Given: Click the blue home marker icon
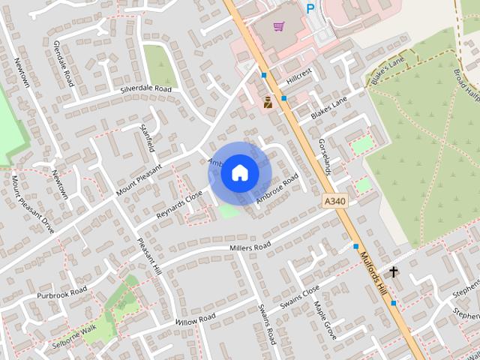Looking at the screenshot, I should click(240, 172).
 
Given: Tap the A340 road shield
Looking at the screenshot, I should click(336, 201).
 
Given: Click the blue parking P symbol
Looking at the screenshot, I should click(310, 8).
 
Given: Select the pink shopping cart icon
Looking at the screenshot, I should click(278, 26).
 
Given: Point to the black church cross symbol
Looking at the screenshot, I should click(394, 271).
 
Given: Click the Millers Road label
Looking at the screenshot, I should click(250, 247).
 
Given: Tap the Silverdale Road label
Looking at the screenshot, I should click(146, 89).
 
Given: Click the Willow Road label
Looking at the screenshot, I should click(196, 319).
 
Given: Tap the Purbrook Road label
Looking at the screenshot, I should click(63, 293).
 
